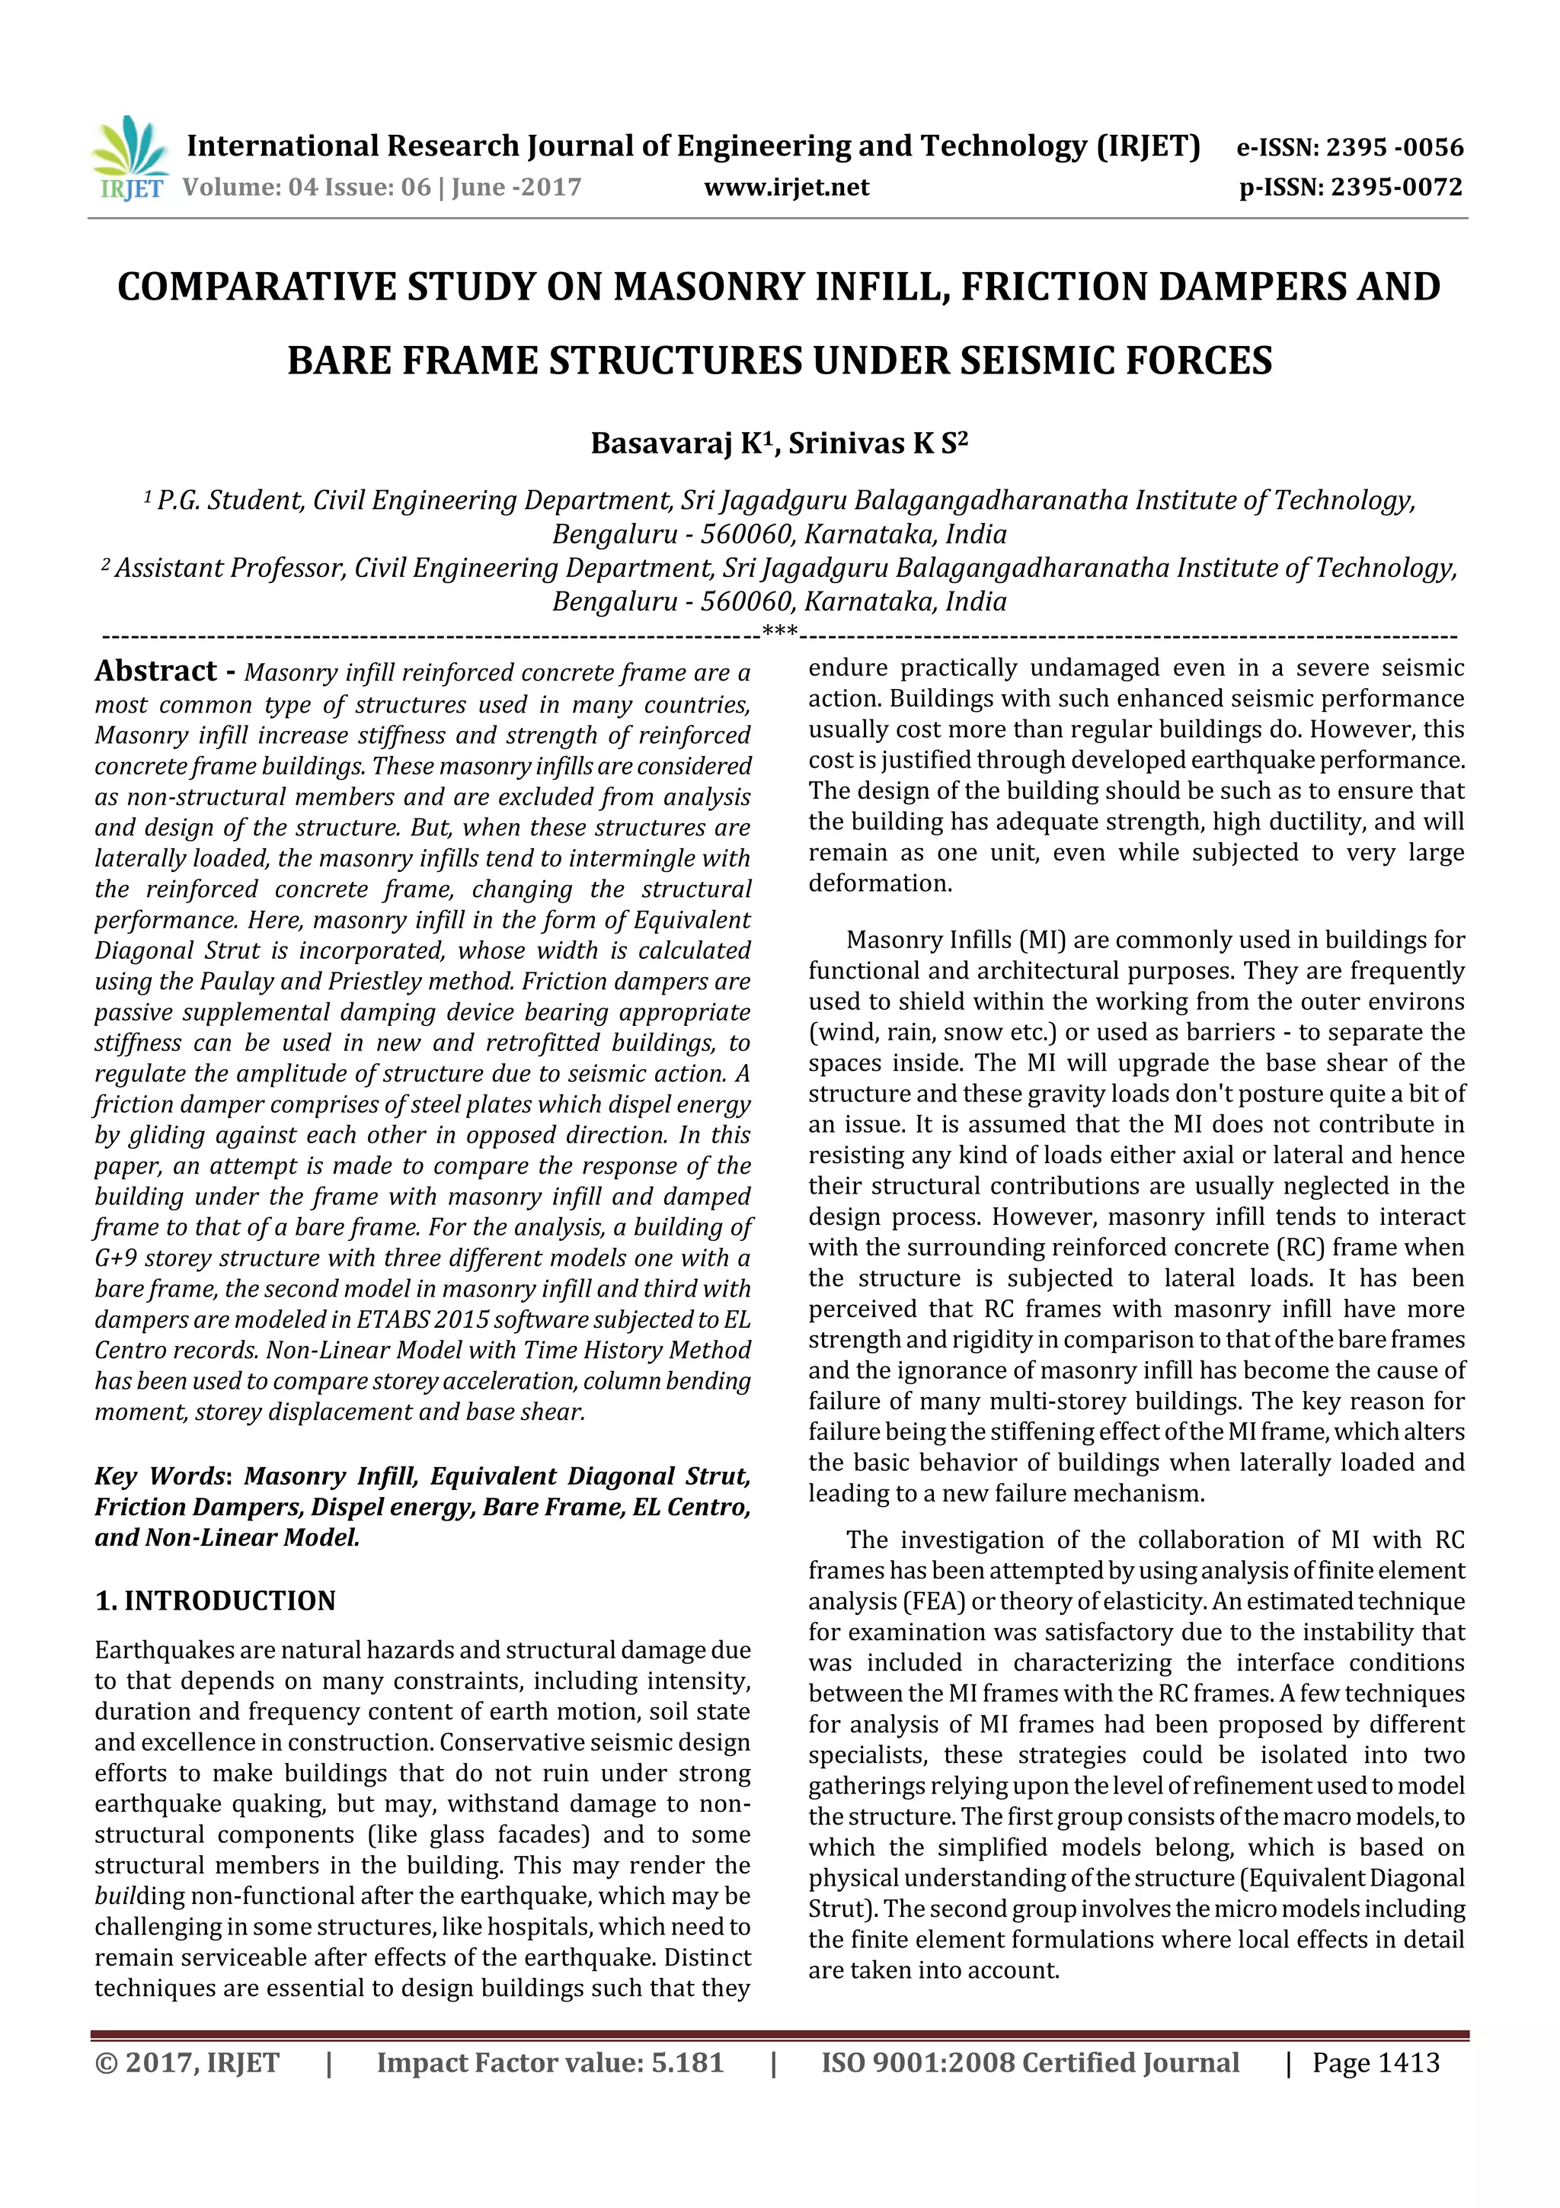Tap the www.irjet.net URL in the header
coord(785,187)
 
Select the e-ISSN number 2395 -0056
coord(1394,148)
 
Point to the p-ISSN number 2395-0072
coord(1396,187)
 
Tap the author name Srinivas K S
coord(876,444)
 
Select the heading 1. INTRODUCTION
coord(216,1601)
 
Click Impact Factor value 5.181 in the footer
coord(550,2062)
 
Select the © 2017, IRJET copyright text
coord(187,2062)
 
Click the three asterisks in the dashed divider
coord(778,632)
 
